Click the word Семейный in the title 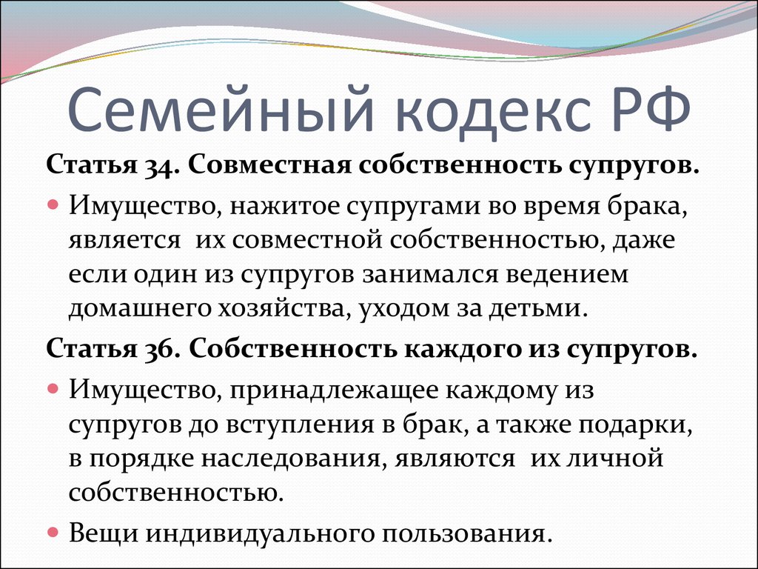221,109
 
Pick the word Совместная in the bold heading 269,165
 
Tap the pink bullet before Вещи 53,533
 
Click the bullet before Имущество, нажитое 53,204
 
